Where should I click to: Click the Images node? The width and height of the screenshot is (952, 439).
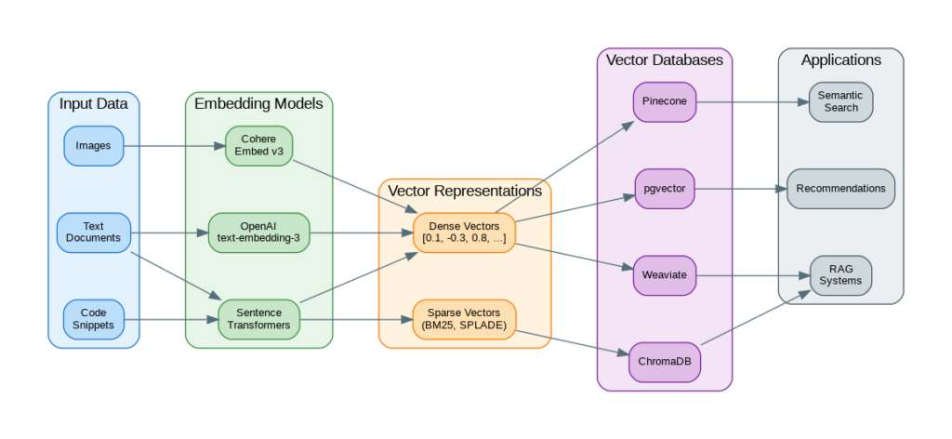point(93,146)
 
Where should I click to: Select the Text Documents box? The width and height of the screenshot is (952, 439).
point(93,233)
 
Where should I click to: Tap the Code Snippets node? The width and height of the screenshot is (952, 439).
point(93,319)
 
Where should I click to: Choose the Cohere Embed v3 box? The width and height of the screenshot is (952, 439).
point(258,146)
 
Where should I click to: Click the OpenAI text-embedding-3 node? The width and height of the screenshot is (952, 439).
point(258,233)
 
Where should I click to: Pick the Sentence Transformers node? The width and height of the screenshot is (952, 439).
point(258,319)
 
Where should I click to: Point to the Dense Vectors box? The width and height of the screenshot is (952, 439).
point(464,233)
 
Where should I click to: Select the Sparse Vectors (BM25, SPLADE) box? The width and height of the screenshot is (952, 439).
point(464,319)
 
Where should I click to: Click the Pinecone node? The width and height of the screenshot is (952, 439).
point(665,102)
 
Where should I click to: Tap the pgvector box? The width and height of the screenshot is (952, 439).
point(665,189)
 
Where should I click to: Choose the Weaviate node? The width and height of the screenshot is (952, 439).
point(665,275)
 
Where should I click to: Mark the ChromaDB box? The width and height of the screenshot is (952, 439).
point(665,362)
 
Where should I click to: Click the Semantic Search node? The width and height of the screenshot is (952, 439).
point(840,102)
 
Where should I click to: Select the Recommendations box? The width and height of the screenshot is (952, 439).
point(840,189)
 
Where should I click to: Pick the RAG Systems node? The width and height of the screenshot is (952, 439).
point(840,275)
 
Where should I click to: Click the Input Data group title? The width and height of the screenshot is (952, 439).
point(93,103)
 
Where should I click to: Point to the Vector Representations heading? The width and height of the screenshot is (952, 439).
point(464,191)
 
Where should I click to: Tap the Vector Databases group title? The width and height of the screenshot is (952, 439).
point(665,60)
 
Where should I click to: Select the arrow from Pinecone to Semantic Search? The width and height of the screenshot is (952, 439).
point(752,102)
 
